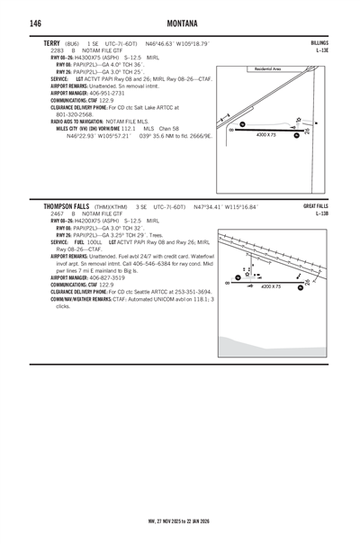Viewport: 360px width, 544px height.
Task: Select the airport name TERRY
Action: pyautogui.click(x=51, y=43)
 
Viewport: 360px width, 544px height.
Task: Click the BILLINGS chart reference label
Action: pyautogui.click(x=319, y=43)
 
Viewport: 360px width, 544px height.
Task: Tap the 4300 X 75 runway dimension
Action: pyautogui.click(x=267, y=134)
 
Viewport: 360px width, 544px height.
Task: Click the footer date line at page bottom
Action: pyautogui.click(x=180, y=519)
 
